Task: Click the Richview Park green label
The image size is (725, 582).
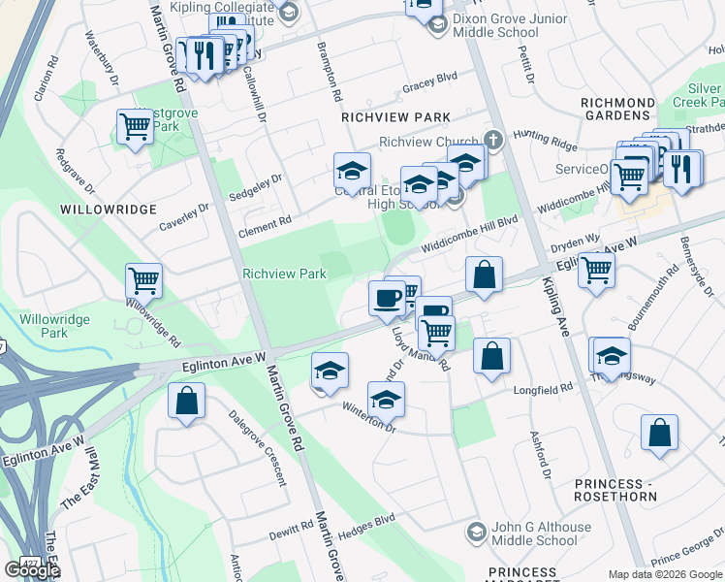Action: coord(284,275)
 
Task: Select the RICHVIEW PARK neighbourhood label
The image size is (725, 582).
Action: coord(395,117)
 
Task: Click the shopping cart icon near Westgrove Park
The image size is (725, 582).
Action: coord(134,125)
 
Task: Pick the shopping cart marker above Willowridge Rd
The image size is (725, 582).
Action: coord(143,280)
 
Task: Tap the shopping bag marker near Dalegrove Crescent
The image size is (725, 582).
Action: coord(185,401)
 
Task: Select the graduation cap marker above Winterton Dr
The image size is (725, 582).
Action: coord(386,398)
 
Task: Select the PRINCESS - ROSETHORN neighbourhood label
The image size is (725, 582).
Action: coord(622,491)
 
